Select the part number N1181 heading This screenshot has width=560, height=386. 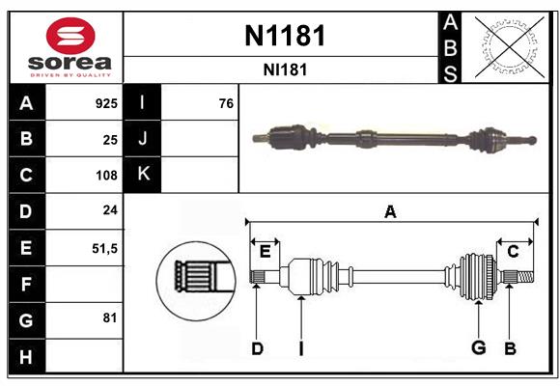coord(284,36)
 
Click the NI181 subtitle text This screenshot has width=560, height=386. coord(284,69)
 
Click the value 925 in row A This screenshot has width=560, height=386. coord(106,103)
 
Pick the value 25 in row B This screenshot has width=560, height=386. coord(110,140)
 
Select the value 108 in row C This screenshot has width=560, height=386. coord(106,176)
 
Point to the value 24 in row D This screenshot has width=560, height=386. coord(110,210)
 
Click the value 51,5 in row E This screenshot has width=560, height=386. coord(104,248)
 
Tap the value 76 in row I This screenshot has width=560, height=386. coord(226,103)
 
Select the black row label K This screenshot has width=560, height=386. coord(143,175)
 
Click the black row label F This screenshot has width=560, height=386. coord(26,285)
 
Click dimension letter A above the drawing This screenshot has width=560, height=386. coord(390,212)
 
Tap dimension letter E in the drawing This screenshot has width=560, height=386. coord(265,252)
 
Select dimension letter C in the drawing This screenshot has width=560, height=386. coord(513,252)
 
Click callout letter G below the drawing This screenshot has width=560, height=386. coord(477,348)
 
